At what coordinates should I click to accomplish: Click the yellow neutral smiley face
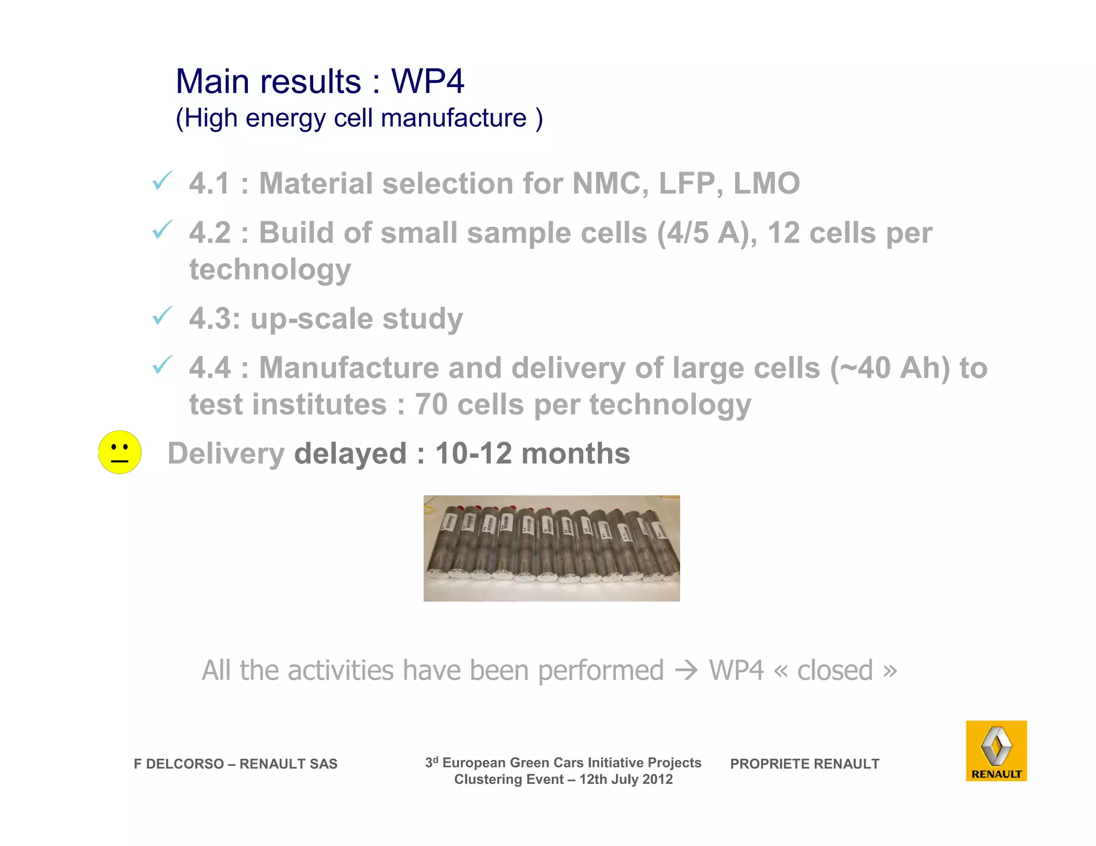[120, 452]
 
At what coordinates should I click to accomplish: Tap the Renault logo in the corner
[996, 750]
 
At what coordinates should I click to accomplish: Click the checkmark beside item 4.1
[162, 181]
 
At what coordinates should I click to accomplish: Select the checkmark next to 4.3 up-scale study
[162, 316]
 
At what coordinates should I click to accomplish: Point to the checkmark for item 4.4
[162, 365]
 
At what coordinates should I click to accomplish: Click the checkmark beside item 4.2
[162, 230]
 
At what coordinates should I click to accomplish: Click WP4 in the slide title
[428, 81]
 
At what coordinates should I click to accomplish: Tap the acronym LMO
[766, 183]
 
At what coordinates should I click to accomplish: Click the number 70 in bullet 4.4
[431, 404]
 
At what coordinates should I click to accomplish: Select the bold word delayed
[351, 453]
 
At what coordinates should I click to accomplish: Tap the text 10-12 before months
[474, 453]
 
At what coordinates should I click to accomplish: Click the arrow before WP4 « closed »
[686, 671]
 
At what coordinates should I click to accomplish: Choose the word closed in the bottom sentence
[835, 671]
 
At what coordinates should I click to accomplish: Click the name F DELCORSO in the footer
[178, 764]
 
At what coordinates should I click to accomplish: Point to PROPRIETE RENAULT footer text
[804, 764]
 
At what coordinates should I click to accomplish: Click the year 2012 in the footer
[657, 779]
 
